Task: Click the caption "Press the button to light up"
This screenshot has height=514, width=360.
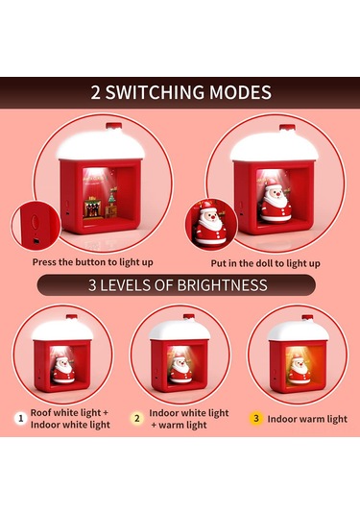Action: click(92, 261)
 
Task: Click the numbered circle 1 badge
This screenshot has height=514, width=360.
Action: click(19, 418)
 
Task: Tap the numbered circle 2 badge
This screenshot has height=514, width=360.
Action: click(136, 419)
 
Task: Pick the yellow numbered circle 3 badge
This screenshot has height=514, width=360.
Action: click(255, 418)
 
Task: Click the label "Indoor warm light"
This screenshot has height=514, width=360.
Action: click(307, 418)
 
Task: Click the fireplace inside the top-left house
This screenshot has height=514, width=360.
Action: click(91, 205)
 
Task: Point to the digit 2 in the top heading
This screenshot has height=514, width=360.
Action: click(96, 93)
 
